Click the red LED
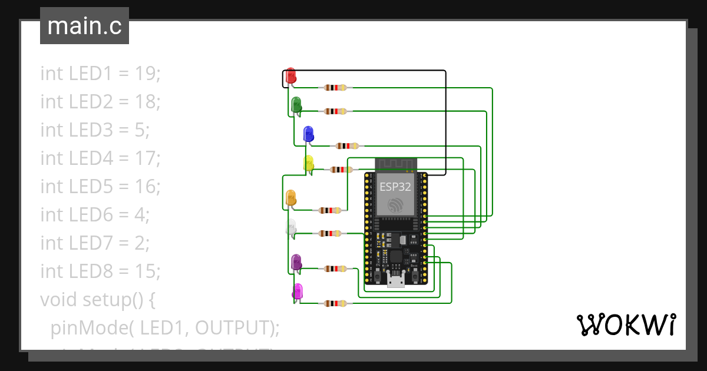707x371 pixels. tap(290, 76)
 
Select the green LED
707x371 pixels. tap(296, 104)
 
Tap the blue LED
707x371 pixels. tap(308, 134)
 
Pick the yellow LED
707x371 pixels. tap(308, 163)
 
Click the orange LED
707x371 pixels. tap(290, 198)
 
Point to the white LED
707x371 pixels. tap(291, 227)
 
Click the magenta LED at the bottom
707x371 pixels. tap(298, 291)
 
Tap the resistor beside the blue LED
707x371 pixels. tap(347, 145)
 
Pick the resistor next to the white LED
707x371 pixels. tap(330, 234)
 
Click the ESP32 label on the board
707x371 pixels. tap(395, 187)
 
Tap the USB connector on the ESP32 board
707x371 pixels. tap(395, 281)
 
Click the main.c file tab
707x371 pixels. tap(84, 26)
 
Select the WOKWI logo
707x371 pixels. tap(625, 324)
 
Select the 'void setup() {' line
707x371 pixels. tap(97, 300)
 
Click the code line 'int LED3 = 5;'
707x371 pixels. tap(95, 130)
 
